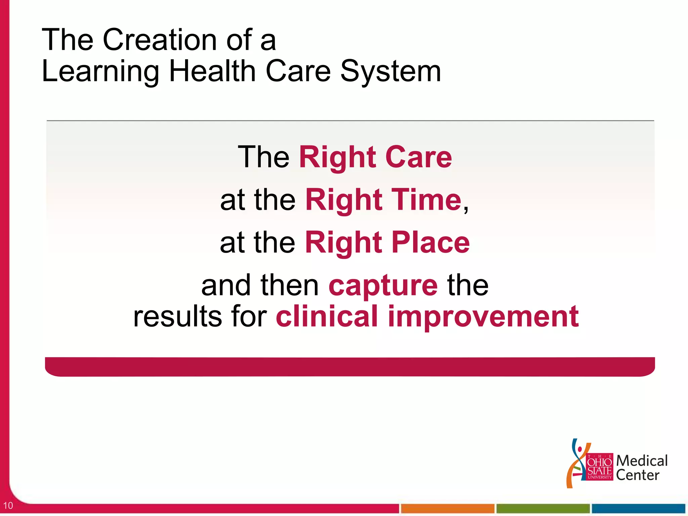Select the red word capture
383,286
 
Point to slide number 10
8,505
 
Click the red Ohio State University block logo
599,467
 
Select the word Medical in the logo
642,461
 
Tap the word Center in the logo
637,475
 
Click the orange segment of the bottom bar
447,508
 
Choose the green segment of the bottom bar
543,508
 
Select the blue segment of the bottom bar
638,508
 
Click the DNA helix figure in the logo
577,464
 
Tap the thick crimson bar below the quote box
350,367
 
